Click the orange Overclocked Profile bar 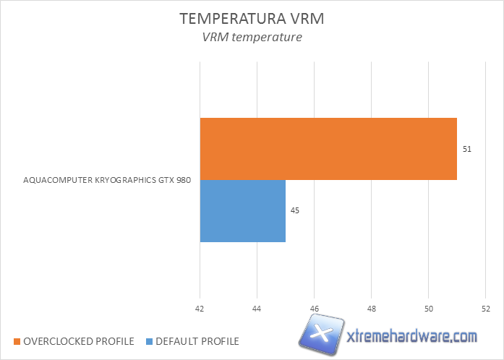(328, 148)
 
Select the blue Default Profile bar (242, 210)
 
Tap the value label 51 (467, 149)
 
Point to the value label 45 (295, 210)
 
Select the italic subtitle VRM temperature (252, 38)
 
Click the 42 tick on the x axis (200, 309)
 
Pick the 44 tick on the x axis (257, 309)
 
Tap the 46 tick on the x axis (314, 309)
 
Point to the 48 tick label (371, 309)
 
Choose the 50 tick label (428, 309)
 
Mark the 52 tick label (485, 309)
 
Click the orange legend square (17, 341)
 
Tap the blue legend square (150, 341)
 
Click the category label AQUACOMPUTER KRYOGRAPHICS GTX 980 (107, 181)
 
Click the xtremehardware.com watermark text (412, 337)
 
